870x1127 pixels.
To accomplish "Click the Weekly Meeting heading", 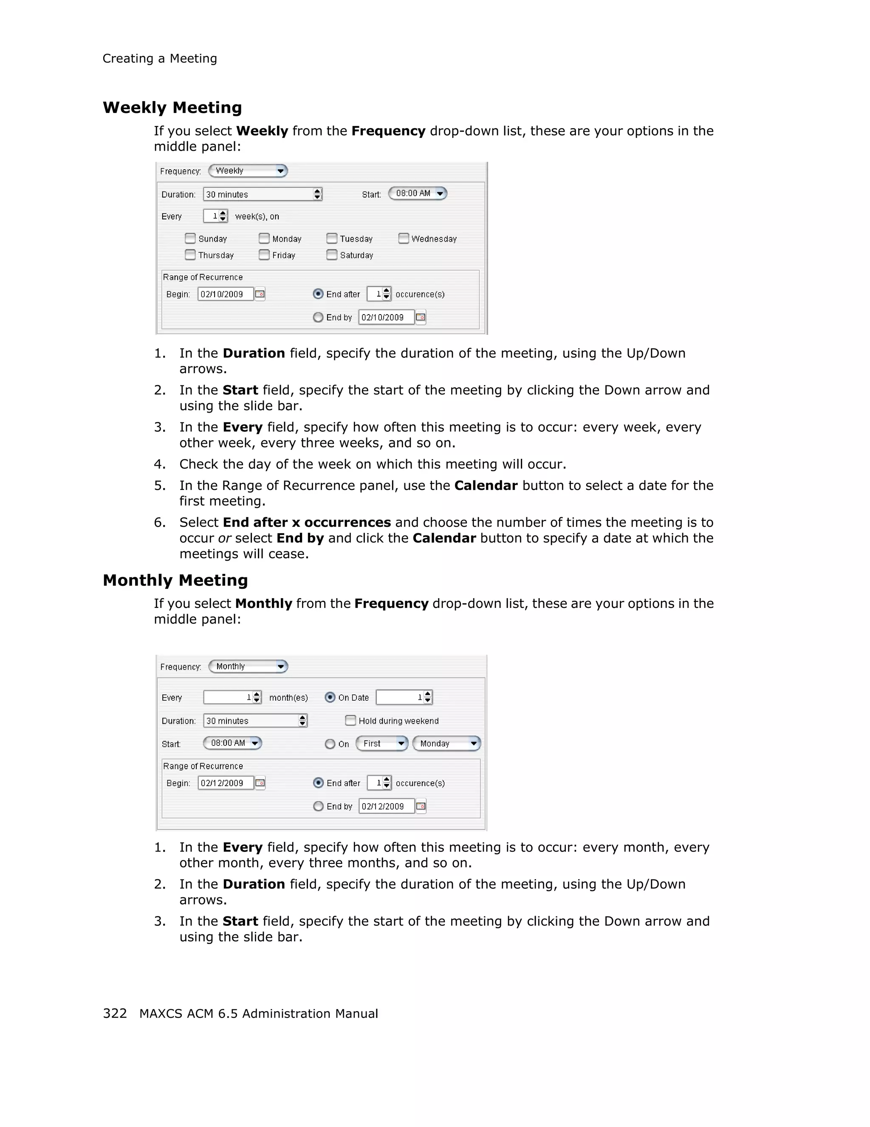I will [172, 107].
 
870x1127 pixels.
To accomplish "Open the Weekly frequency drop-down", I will [247, 171].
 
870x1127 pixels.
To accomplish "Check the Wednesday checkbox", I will [404, 239].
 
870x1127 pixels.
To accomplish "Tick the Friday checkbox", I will [264, 255].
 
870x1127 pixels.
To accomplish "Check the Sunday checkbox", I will [190, 239].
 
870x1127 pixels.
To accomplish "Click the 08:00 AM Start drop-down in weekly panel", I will [417, 194].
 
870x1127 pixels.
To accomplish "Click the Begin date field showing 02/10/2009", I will [225, 294].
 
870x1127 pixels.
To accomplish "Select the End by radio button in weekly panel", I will [318, 318].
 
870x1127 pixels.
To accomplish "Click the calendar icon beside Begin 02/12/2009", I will [260, 783].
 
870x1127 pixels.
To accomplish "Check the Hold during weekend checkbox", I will [350, 720].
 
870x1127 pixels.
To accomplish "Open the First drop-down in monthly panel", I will [382, 744].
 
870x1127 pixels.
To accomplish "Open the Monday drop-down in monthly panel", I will [446, 744].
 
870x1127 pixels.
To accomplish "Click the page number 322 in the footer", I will [115, 1014].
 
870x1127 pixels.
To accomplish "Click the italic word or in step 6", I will [224, 538].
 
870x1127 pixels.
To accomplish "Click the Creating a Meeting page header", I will [160, 58].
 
